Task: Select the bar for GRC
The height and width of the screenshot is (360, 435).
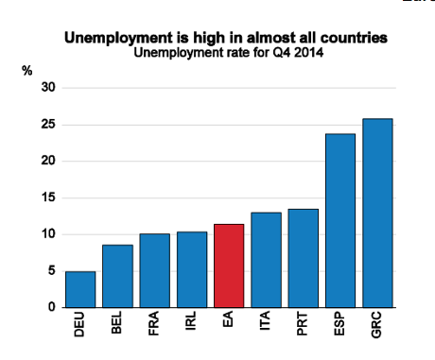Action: click(377, 213)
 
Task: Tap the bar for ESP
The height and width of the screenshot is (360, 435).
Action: click(340, 220)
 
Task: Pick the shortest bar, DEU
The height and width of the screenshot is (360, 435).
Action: click(80, 289)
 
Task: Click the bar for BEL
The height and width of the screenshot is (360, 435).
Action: click(117, 276)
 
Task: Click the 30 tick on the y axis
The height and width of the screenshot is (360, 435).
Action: click(47, 88)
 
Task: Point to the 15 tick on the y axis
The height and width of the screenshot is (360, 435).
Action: click(47, 197)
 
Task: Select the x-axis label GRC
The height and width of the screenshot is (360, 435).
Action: click(378, 326)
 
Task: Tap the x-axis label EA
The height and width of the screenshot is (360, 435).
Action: click(230, 322)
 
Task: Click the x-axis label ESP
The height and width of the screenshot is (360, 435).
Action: click(341, 326)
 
